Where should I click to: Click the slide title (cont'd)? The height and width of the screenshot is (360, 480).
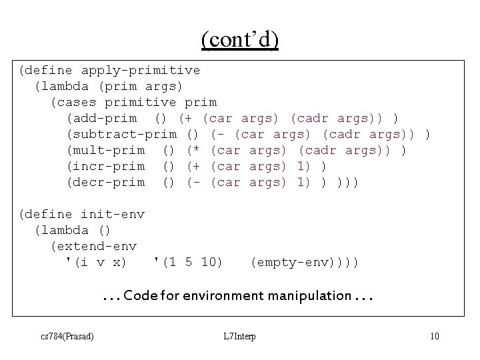[x=240, y=40]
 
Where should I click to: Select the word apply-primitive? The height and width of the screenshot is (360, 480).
[x=140, y=70]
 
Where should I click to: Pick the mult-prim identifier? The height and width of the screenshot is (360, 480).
[x=105, y=150]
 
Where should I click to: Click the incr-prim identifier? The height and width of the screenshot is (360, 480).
[x=105, y=166]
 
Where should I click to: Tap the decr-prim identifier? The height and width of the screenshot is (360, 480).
[x=105, y=182]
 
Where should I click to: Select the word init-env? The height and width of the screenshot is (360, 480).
[x=112, y=214]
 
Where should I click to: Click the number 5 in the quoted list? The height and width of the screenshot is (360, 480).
[x=189, y=262]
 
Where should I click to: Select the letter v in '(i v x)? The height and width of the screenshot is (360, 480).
[x=97, y=262]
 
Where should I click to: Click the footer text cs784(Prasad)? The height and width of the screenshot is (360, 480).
[x=67, y=335]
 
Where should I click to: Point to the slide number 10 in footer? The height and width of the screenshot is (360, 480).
[x=434, y=335]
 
